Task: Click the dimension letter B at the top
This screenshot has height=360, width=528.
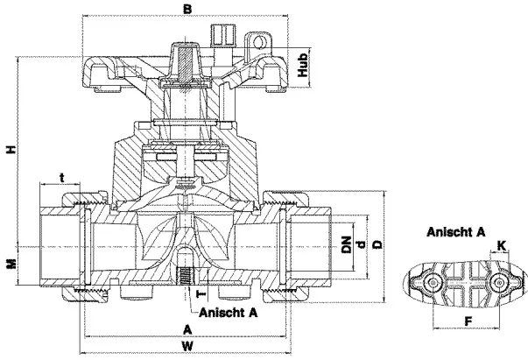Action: pyautogui.click(x=186, y=9)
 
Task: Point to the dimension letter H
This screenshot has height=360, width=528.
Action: pyautogui.click(x=11, y=151)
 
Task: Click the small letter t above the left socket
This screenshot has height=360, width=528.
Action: pyautogui.click(x=61, y=178)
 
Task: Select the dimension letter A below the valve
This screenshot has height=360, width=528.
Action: pyautogui.click(x=187, y=328)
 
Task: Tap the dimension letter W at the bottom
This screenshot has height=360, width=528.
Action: pyautogui.click(x=187, y=346)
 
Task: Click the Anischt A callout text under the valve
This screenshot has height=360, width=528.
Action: pyautogui.click(x=229, y=311)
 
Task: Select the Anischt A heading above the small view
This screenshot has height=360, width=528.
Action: pyautogui.click(x=456, y=232)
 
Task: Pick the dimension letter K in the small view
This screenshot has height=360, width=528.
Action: pyautogui.click(x=502, y=244)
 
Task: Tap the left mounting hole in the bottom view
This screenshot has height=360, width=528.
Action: pyautogui.click(x=432, y=282)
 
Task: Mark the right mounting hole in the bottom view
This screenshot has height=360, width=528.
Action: pyautogui.click(x=499, y=282)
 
